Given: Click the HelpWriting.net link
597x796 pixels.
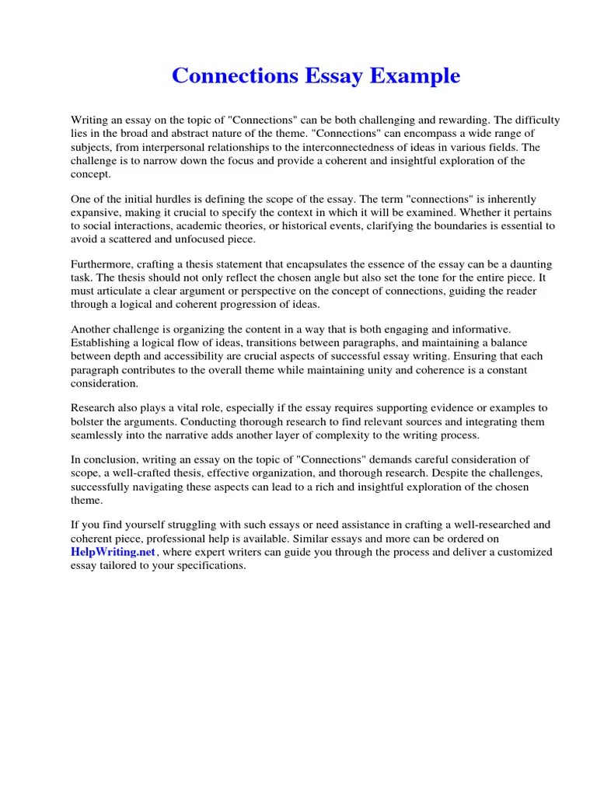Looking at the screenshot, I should (x=113, y=551).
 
